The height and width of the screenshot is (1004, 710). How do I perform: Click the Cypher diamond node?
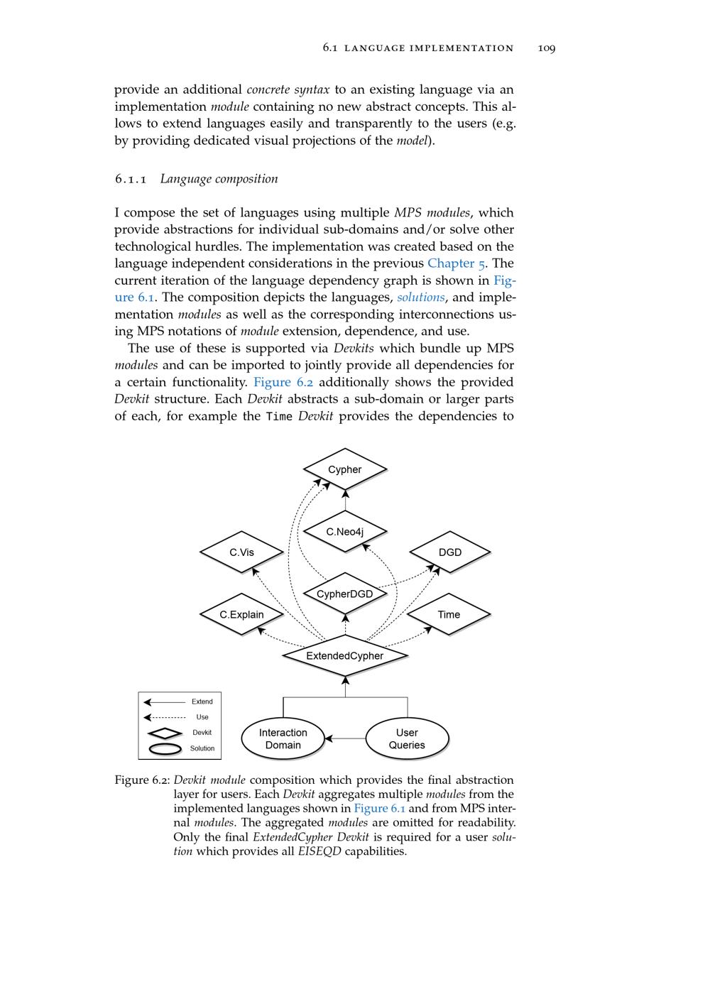(345, 469)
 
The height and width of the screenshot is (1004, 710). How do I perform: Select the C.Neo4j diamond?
(345, 531)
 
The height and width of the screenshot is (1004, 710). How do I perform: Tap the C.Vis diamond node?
(241, 552)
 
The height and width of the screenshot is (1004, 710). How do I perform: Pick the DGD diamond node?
(450, 552)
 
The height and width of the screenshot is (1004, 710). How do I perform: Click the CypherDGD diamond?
(345, 594)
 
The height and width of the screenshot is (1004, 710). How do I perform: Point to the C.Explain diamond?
(241, 614)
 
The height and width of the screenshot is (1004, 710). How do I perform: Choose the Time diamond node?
(449, 614)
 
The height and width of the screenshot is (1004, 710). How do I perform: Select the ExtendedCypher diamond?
(345, 655)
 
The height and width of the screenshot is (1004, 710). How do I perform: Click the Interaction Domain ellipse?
(283, 738)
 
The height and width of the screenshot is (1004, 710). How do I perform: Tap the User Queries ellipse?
(407, 738)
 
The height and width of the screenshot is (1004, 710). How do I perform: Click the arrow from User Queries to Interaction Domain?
(345, 739)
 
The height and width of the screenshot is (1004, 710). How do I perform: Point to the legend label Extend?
(202, 702)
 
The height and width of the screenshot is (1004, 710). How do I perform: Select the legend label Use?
(202, 717)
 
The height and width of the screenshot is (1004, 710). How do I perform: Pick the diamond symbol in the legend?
(165, 733)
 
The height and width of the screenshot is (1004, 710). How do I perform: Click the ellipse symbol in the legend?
(165, 748)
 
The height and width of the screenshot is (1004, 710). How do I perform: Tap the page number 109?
(547, 48)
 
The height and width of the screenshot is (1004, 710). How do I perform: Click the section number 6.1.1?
(131, 179)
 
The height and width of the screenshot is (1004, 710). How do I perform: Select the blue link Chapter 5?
(456, 263)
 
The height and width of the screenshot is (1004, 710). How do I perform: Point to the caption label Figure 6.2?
(142, 780)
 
